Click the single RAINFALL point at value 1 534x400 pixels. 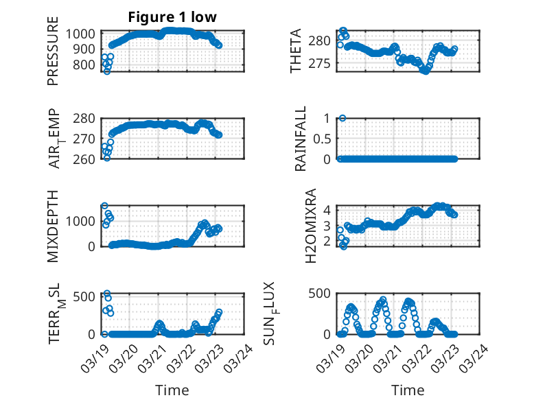pos(342,118)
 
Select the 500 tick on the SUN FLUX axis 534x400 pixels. pos(325,294)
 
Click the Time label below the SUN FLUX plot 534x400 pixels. pos(408,390)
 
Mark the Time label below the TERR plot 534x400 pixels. pos(172,390)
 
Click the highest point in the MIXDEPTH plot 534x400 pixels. pos(104,206)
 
